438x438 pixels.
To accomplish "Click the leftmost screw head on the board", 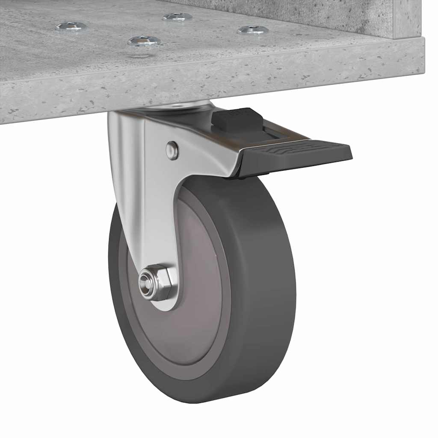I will tap(71, 27).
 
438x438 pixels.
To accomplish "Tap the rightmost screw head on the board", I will tap(253, 30).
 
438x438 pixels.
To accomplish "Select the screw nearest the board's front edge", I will tap(144, 41).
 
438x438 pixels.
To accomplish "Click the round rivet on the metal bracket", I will tap(172, 151).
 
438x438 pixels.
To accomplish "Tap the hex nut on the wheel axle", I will tap(157, 283).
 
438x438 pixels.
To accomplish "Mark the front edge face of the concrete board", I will tap(214, 86).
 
